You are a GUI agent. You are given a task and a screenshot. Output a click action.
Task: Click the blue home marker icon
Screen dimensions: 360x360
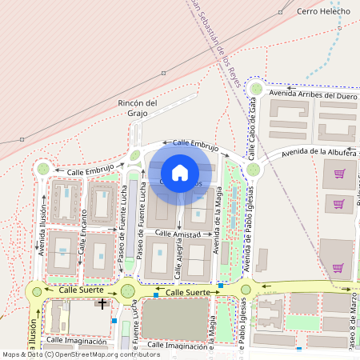[180, 172]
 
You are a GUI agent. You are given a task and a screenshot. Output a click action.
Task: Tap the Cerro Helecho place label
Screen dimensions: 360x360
[324, 11]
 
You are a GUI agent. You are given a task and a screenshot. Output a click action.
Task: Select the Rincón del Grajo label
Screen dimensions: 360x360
[139, 108]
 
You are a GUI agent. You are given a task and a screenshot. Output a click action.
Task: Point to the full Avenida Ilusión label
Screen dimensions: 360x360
[42, 231]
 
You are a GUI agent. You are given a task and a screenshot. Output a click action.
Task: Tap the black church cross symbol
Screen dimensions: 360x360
[102, 303]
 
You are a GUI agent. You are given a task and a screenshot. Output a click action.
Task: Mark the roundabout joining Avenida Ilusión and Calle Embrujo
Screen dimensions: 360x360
[43, 169]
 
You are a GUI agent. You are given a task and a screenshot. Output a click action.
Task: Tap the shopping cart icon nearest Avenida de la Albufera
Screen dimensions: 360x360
[339, 174]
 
